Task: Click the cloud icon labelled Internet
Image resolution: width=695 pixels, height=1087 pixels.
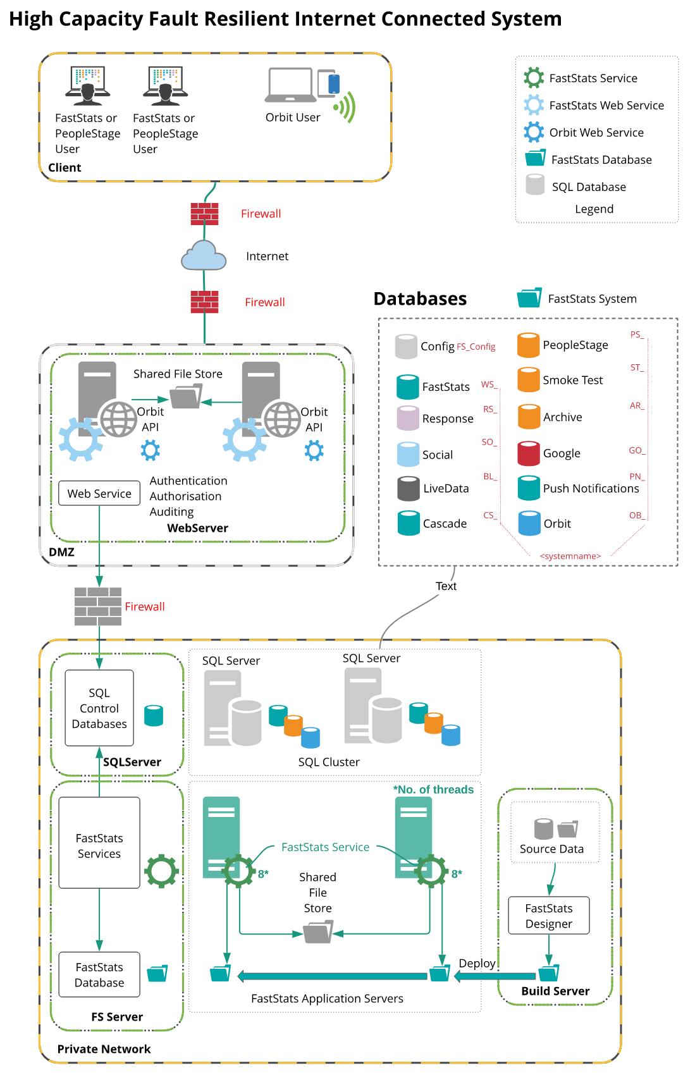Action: point(204,255)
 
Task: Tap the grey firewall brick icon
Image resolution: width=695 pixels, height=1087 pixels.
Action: point(98,606)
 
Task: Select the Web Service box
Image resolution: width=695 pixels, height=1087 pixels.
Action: point(99,493)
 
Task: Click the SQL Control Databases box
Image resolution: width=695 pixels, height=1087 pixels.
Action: point(99,708)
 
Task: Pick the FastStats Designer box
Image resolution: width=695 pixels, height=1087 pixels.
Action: point(549,916)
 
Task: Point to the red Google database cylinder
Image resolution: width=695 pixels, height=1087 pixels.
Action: point(529,453)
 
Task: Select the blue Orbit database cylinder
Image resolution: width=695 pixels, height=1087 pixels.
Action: point(529,524)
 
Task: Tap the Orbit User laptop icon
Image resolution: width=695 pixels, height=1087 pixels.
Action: point(290,85)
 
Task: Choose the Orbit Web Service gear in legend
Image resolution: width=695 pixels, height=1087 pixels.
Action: point(534,132)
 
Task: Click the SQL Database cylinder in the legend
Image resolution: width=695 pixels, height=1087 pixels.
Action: point(535,185)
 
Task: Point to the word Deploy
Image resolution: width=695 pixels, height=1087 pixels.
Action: point(477,963)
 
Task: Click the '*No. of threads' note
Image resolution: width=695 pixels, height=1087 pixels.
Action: point(433,789)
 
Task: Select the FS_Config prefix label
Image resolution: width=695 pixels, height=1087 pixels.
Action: point(476,347)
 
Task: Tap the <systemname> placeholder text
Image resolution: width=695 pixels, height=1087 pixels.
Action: point(570,556)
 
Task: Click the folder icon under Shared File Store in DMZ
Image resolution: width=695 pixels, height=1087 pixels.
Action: point(186,396)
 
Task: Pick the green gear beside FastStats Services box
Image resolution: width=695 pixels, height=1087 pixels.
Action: point(161,871)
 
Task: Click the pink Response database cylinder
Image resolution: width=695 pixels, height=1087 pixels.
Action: point(408,419)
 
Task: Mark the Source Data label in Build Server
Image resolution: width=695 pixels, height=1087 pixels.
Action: point(551,849)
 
